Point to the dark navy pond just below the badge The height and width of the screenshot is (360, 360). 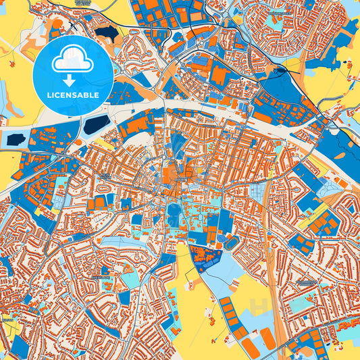97,124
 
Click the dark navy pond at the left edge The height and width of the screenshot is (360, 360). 15,139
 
